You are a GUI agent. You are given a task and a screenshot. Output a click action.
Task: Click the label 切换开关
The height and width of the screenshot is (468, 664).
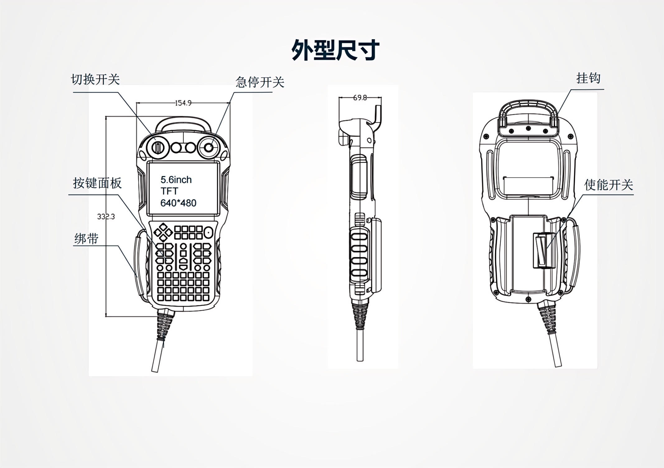(x=95, y=79)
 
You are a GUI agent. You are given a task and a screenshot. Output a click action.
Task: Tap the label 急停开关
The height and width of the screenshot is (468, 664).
(x=260, y=82)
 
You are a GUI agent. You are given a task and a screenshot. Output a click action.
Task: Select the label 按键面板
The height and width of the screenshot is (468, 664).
(x=97, y=183)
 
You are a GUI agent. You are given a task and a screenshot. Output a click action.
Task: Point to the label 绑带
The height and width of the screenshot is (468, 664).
(x=86, y=239)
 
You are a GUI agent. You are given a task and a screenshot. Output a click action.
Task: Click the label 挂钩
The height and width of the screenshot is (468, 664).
(x=588, y=78)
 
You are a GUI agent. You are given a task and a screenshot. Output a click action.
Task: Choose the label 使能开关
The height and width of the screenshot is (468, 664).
(x=608, y=185)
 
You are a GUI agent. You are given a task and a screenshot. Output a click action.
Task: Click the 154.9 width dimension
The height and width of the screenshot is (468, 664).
(x=183, y=103)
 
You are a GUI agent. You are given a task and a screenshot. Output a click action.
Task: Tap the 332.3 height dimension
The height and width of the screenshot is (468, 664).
(x=106, y=217)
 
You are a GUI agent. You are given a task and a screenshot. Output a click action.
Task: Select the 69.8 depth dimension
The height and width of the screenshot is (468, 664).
(x=360, y=98)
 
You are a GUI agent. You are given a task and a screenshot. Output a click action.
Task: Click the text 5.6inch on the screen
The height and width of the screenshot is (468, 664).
(x=176, y=180)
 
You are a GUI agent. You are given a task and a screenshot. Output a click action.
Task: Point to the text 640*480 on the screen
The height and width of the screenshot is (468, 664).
(x=178, y=203)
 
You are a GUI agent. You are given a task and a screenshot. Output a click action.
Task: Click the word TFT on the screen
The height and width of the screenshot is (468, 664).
(x=169, y=191)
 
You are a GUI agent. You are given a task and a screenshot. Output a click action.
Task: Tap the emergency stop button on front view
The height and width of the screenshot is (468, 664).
(x=208, y=147)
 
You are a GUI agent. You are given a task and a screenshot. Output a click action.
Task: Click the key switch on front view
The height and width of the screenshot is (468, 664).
(x=158, y=147)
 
